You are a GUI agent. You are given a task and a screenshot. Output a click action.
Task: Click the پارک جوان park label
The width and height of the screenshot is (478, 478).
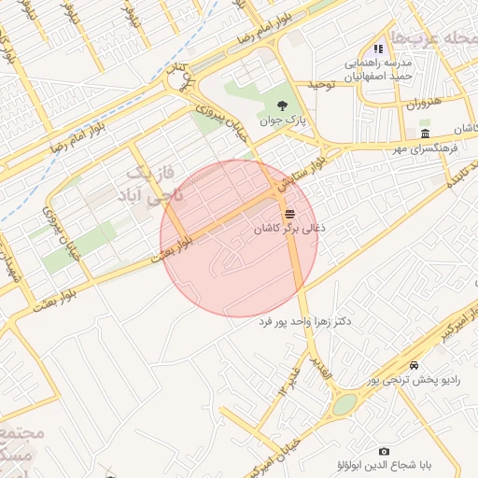282,120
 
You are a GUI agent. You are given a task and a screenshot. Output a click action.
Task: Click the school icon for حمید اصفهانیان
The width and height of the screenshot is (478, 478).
378,49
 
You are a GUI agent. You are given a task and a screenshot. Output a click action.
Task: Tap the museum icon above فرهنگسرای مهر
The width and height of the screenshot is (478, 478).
426,134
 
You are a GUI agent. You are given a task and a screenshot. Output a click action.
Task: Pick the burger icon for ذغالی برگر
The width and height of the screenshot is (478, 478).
287,213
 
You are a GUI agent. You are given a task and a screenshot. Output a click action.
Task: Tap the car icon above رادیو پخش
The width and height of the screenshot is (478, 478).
414,365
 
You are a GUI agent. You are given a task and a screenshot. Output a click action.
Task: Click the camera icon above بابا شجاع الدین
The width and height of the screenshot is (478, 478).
384,452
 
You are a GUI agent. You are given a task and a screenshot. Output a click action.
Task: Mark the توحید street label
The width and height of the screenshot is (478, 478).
321,85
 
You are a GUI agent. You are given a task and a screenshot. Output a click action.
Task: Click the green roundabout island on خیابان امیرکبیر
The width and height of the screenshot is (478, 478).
344,404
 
